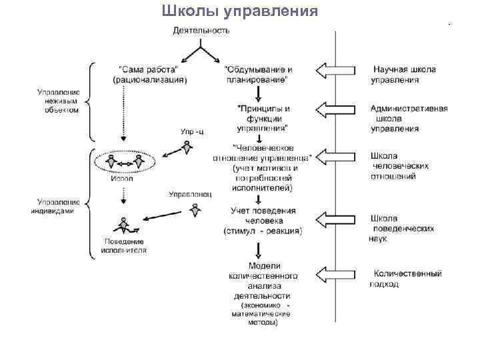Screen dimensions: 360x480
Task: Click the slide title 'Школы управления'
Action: point(241,11)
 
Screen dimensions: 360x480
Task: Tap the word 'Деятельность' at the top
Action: point(201,31)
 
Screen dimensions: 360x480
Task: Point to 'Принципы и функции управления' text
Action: point(263,118)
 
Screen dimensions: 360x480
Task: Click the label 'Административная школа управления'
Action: point(409,119)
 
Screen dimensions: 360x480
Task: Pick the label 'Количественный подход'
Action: point(406,278)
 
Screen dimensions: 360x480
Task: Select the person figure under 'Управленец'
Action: point(194,210)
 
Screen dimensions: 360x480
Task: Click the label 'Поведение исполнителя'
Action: point(123,245)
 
